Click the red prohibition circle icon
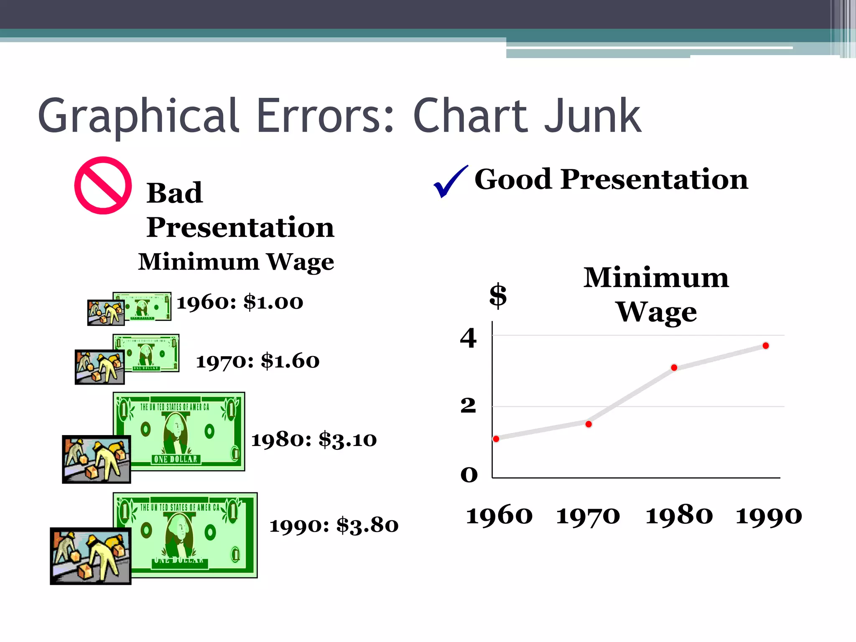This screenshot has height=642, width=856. tap(103, 185)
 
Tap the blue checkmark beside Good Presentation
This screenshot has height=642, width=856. tap(449, 182)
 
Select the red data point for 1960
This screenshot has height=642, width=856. tap(496, 439)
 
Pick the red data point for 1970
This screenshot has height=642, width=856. tap(588, 424)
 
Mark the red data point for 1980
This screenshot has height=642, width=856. tap(674, 368)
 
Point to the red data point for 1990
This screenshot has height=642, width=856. tap(766, 346)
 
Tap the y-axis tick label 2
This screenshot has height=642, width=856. tap(468, 405)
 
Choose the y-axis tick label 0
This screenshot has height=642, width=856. tap(469, 475)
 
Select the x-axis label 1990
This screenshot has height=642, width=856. tap(769, 516)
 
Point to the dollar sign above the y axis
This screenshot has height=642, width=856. tap(498, 295)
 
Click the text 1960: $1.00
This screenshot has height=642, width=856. tap(240, 302)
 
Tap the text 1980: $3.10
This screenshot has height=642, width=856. tap(314, 439)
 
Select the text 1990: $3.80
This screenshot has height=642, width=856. tap(334, 525)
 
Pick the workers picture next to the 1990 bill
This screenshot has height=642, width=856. tap(91, 556)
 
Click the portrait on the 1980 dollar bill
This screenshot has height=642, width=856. tap(176, 433)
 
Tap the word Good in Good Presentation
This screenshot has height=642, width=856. tap(513, 179)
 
